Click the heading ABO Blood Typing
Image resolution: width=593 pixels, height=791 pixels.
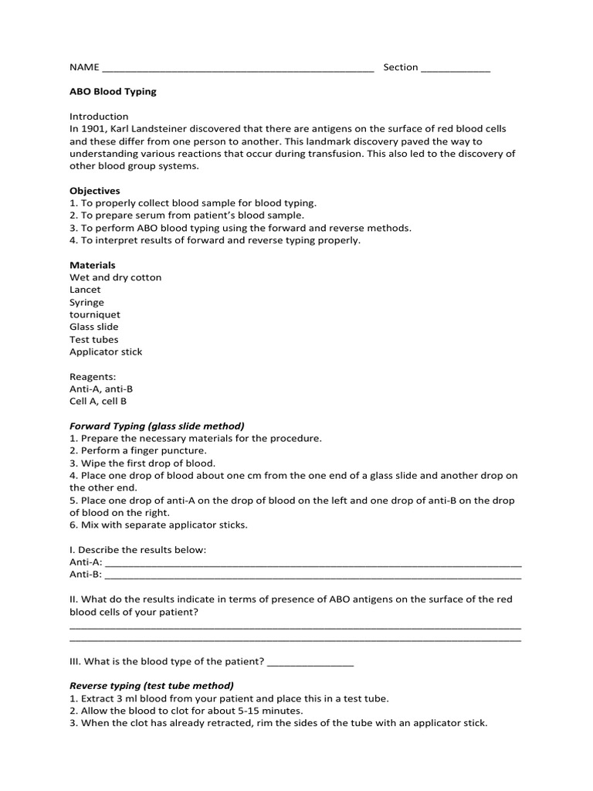[113, 91]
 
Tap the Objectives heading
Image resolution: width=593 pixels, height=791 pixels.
[95, 190]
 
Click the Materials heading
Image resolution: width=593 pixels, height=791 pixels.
[93, 265]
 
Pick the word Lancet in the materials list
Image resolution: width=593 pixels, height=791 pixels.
[85, 290]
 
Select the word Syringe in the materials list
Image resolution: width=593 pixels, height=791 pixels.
[86, 302]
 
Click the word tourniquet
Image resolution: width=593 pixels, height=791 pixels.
[95, 314]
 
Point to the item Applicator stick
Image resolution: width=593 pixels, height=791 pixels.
[106, 351]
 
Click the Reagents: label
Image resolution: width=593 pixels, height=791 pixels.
[93, 376]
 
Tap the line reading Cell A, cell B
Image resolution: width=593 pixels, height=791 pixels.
[98, 401]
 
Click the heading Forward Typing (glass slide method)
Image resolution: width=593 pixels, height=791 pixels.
[157, 426]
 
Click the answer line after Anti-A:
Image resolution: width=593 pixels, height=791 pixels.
[313, 563]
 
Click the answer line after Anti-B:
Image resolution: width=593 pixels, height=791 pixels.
[313, 575]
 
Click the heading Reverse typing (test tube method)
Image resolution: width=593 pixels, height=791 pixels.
[151, 685]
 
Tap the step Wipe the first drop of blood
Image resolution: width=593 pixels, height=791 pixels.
[142, 463]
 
